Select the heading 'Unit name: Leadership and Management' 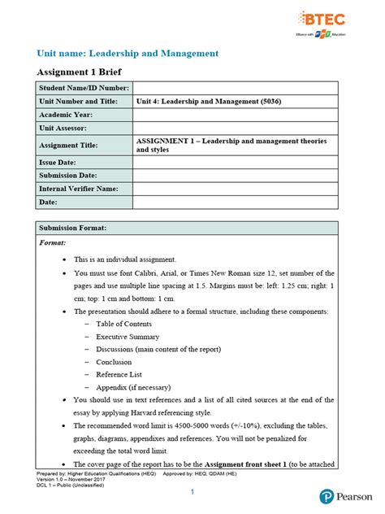[128, 53]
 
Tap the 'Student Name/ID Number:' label [83, 88]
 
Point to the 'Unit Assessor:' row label [63, 128]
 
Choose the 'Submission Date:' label [68, 175]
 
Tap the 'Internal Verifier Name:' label [79, 189]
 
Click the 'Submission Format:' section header [73, 228]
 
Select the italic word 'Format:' [55, 242]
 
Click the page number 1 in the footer [192, 493]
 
